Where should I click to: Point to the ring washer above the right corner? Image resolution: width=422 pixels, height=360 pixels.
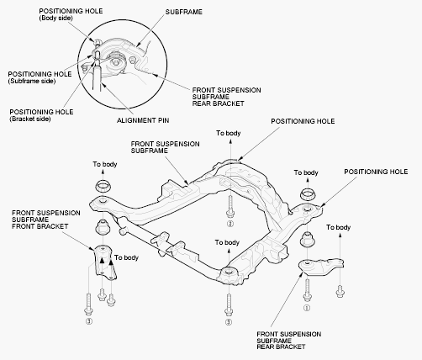pos(309,194)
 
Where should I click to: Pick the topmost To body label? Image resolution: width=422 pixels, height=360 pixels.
pos(229,133)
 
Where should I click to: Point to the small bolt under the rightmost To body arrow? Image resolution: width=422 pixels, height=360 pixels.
pos(340,290)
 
